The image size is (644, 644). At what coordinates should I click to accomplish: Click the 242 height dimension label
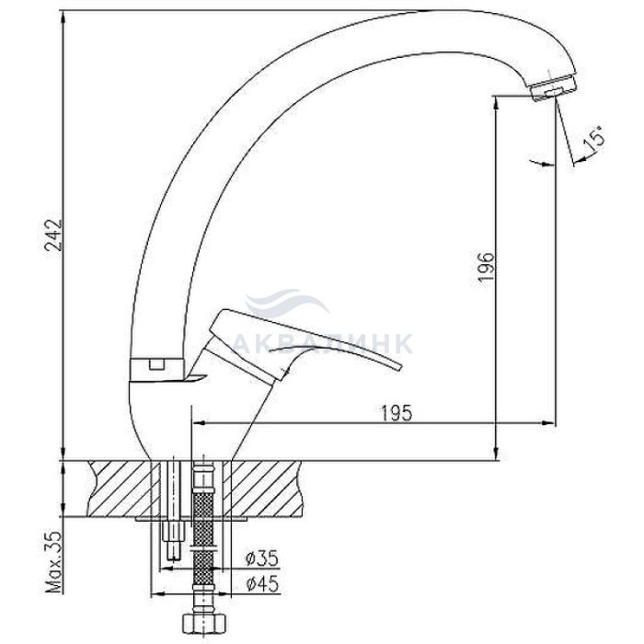coord(53,235)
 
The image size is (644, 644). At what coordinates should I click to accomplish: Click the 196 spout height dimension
coord(487,267)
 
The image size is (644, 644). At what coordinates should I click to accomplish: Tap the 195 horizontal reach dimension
coord(397,413)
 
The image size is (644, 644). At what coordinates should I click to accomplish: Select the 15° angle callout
coord(593,137)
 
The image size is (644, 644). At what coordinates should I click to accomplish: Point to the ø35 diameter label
coord(261,558)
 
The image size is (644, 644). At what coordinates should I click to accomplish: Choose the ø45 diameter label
coord(261,583)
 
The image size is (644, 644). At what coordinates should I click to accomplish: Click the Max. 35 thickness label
coord(53,562)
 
